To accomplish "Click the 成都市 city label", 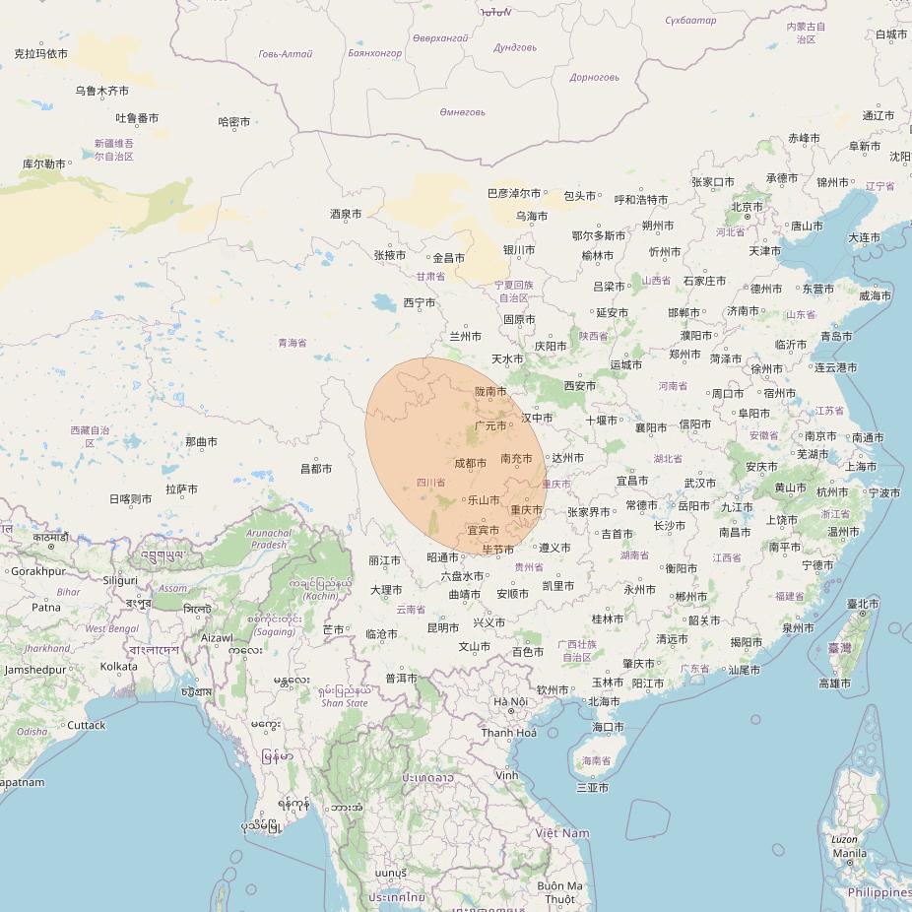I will click(471, 463).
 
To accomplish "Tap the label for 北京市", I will click(748, 207).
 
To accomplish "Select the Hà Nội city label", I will click(510, 701).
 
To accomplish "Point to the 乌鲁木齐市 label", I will click(101, 91).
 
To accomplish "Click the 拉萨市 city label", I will click(182, 489).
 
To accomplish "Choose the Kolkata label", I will click(118, 667).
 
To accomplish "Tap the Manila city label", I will click(849, 853).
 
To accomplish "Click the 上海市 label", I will click(861, 466).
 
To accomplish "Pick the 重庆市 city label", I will click(527, 510).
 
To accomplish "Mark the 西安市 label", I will click(580, 386).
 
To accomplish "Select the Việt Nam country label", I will click(562, 833).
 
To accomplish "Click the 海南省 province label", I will click(597, 760).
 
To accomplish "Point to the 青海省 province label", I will click(293, 343).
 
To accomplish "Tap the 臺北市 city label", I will click(863, 603).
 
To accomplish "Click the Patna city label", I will click(45, 608).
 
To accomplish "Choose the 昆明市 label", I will click(442, 627).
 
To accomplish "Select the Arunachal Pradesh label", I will click(271, 539).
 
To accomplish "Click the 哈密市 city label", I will click(233, 122).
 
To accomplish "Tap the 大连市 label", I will click(864, 237).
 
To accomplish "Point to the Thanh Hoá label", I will click(509, 733).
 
